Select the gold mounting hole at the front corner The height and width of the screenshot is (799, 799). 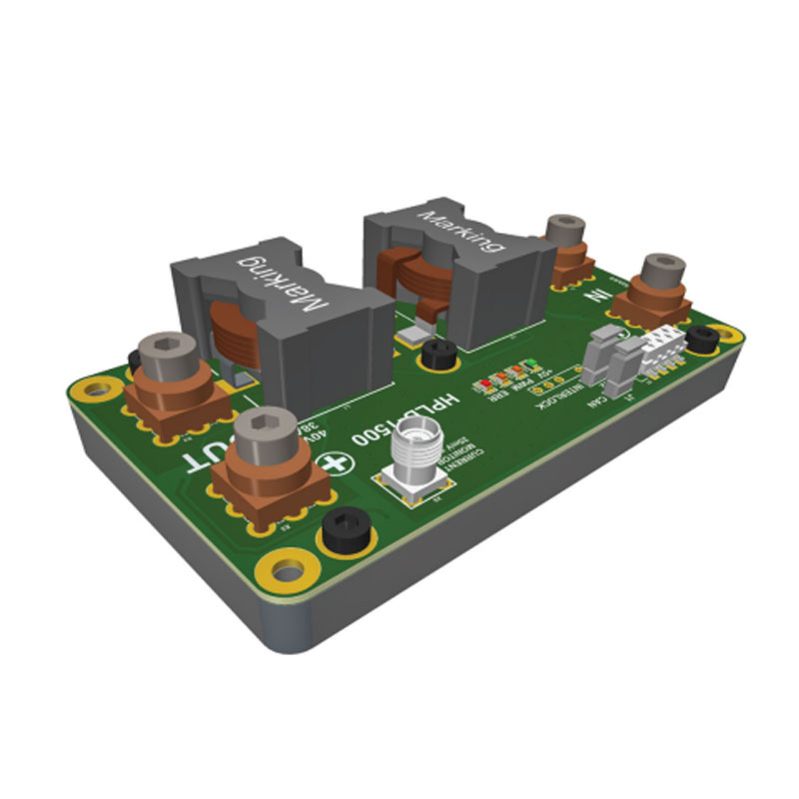(x=289, y=571)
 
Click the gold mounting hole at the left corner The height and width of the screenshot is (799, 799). (x=97, y=388)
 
